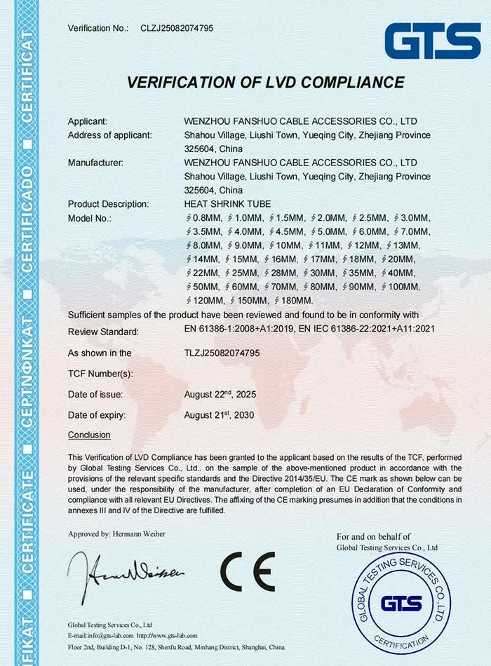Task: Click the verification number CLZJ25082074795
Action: (177, 28)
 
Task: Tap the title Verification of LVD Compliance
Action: (265, 82)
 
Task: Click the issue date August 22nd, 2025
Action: (220, 394)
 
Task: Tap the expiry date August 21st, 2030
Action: (219, 415)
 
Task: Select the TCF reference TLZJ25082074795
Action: (222, 353)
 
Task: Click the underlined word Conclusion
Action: (89, 435)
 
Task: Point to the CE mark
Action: (247, 571)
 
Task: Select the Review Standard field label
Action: (103, 332)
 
